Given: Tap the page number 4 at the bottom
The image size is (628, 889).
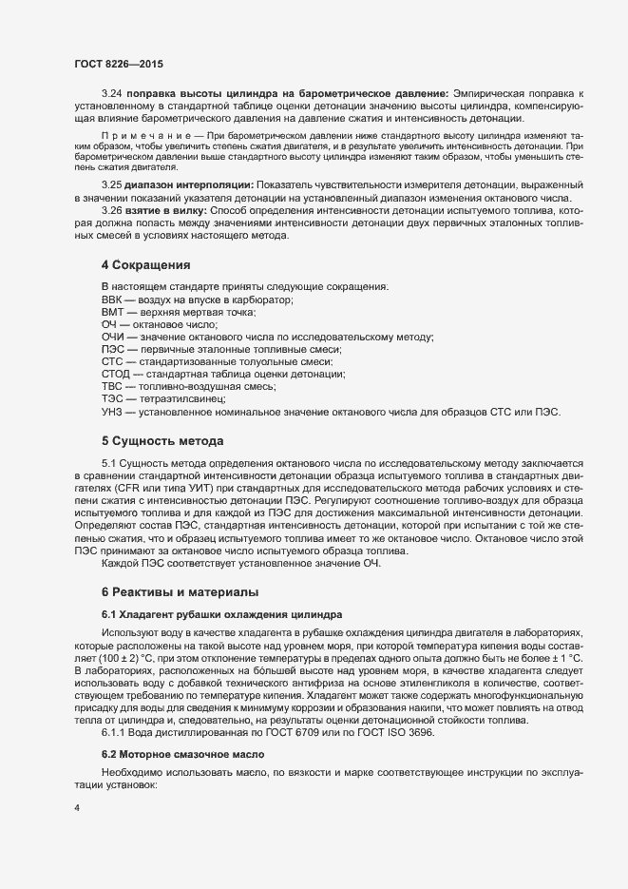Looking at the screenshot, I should pos(77,808).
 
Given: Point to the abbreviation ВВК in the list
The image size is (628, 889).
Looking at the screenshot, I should pos(112,300).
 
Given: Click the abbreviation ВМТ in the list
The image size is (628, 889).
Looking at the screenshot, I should pos(112,312).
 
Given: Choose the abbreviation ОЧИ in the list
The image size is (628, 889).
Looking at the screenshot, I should pos(112,338).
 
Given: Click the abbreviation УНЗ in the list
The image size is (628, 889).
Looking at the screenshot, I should pos(112,412).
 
